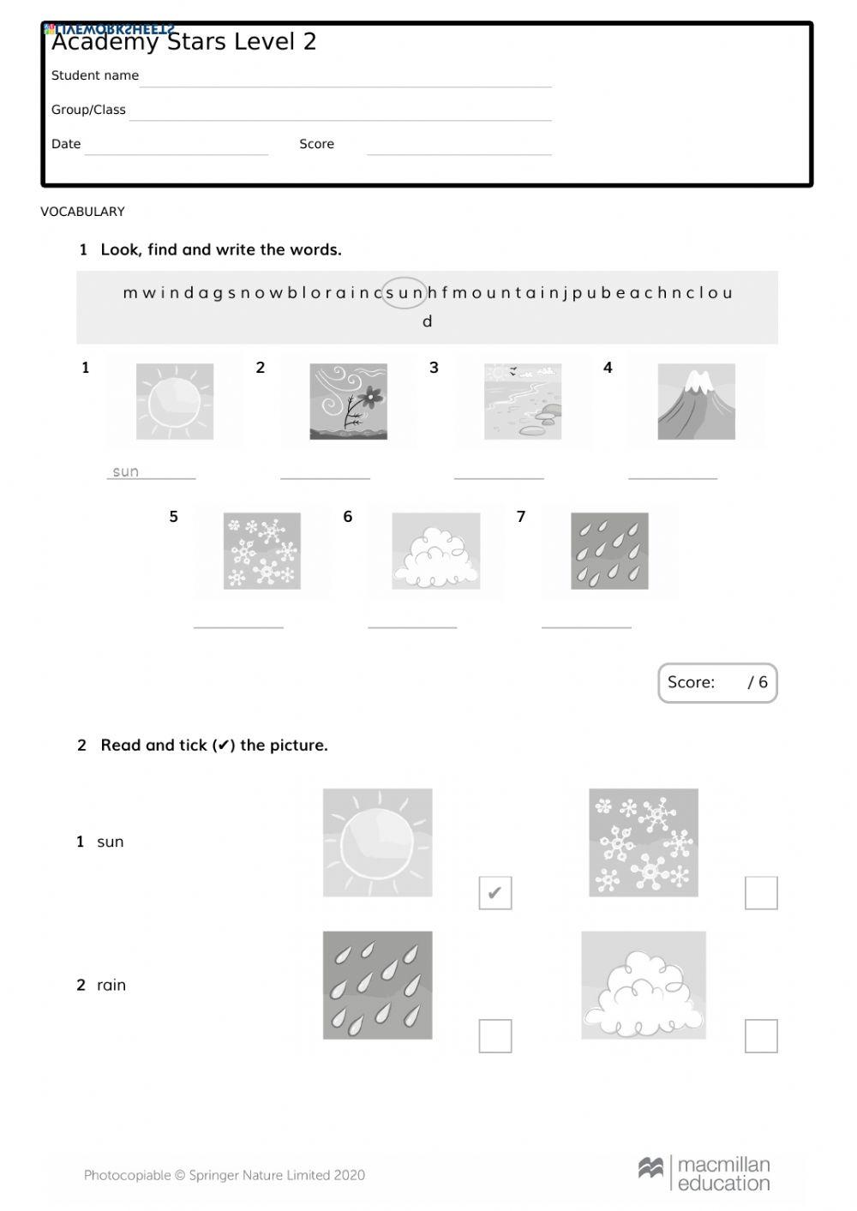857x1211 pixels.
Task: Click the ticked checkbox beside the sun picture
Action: coord(494,893)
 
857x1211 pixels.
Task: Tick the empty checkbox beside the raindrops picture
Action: coord(494,1035)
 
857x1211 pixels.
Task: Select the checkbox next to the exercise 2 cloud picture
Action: coord(760,1035)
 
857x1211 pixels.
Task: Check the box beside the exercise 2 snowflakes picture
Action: coord(760,893)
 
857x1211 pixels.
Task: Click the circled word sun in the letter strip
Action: coord(404,292)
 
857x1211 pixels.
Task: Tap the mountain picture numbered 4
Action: coord(696,401)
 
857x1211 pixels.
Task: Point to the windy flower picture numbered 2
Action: coord(348,401)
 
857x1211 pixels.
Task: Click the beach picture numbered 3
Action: coord(522,401)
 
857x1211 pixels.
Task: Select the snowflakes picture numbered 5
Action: coord(261,550)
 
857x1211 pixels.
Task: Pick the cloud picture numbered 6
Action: coord(435,550)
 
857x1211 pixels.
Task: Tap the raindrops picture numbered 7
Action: coord(609,550)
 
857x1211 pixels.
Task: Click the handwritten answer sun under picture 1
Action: coord(126,471)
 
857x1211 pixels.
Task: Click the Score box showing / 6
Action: coord(717,682)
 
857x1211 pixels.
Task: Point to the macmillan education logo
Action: coord(704,1173)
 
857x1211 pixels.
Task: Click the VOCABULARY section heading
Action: coord(82,212)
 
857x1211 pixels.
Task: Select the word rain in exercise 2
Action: coord(111,985)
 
